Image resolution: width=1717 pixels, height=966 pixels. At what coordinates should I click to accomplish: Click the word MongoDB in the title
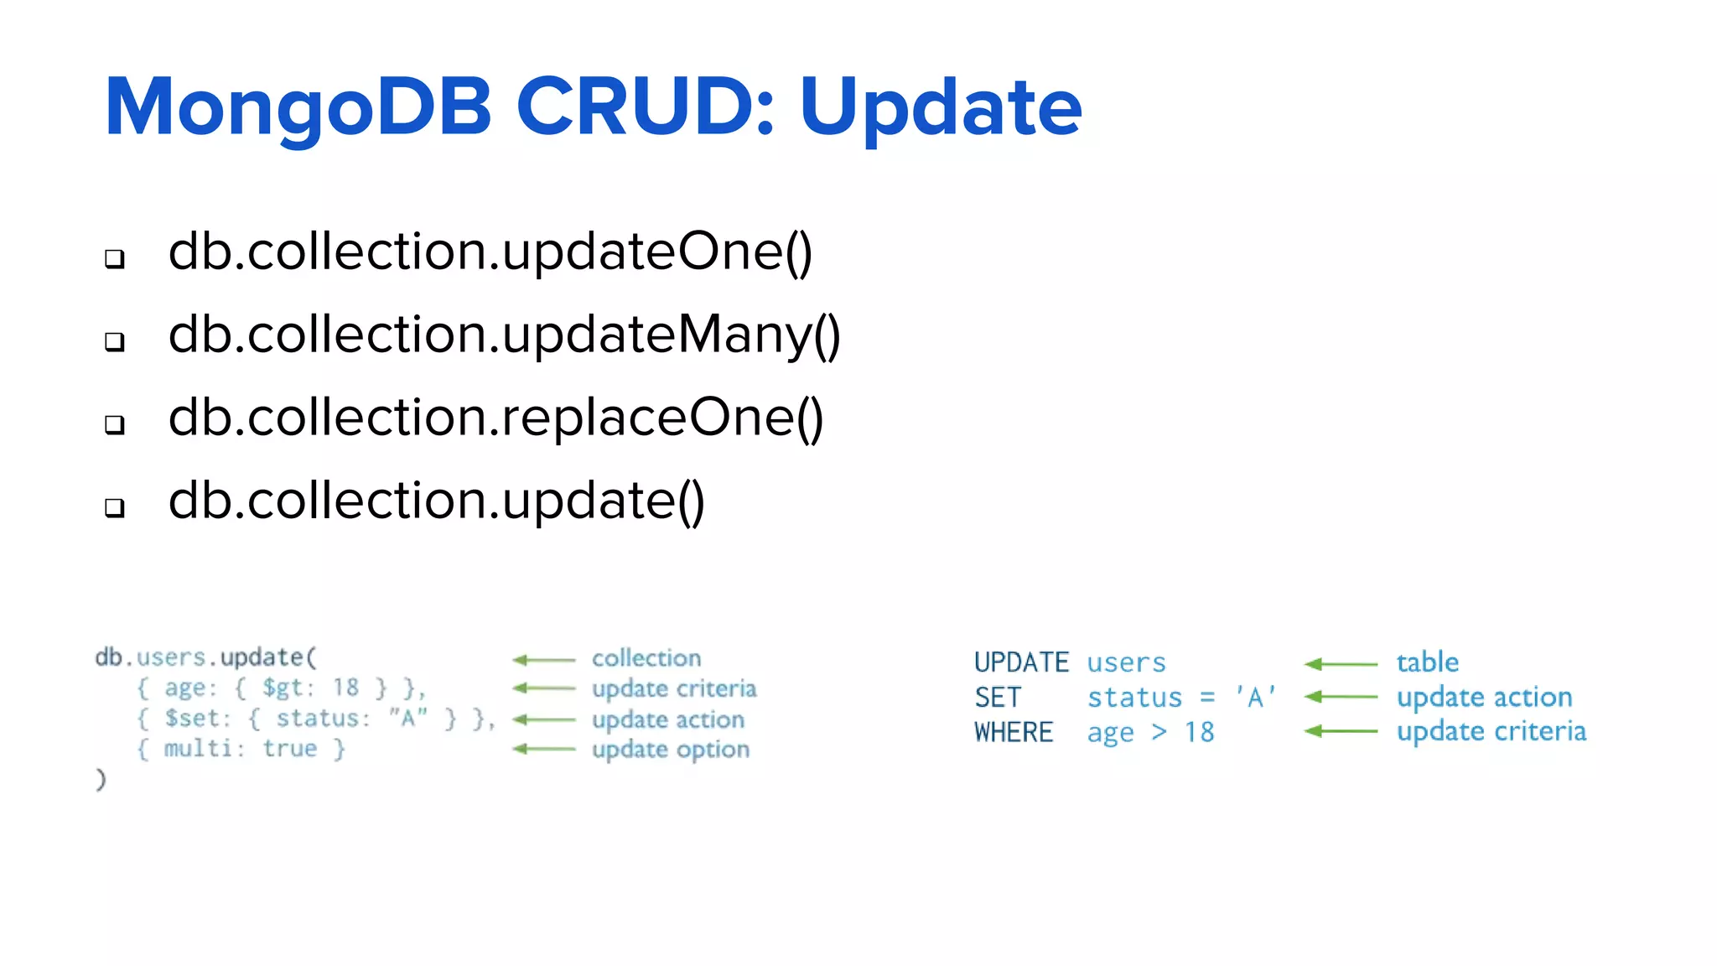pyautogui.click(x=298, y=107)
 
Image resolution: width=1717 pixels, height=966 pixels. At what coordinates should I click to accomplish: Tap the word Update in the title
pyautogui.click(x=940, y=107)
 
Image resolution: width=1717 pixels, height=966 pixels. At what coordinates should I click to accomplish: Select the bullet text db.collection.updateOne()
pyautogui.click(x=490, y=252)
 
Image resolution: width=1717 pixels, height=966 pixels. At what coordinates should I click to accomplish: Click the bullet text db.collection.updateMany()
pyautogui.click(x=504, y=335)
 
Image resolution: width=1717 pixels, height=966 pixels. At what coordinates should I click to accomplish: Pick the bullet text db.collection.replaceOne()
pyautogui.click(x=495, y=418)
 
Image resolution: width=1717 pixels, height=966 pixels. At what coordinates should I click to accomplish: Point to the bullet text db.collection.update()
pyautogui.click(x=436, y=501)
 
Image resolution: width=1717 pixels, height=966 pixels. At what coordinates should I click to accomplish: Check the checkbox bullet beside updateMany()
pyautogui.click(x=115, y=341)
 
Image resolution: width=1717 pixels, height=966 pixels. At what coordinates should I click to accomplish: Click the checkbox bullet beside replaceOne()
pyautogui.click(x=115, y=424)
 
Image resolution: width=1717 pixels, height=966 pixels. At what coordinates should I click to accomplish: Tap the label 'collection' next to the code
pyautogui.click(x=646, y=658)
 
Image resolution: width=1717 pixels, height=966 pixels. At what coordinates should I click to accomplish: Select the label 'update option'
pyautogui.click(x=670, y=750)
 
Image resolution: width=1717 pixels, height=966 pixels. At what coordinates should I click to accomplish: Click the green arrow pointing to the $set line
pyautogui.click(x=543, y=719)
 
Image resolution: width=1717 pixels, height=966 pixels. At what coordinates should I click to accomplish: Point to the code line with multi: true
pyautogui.click(x=241, y=749)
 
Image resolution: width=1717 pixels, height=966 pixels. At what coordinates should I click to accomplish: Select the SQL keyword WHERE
pyautogui.click(x=1013, y=733)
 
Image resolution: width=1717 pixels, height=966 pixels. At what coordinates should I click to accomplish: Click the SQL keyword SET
pyautogui.click(x=997, y=698)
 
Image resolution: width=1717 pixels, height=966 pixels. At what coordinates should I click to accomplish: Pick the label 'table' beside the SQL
pyautogui.click(x=1427, y=662)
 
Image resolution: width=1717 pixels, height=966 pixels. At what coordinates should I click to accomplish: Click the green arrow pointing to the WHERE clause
pyautogui.click(x=1340, y=731)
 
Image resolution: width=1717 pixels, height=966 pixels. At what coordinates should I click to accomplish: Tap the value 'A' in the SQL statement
pyautogui.click(x=1255, y=697)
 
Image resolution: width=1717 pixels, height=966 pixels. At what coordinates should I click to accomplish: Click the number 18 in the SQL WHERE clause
pyautogui.click(x=1199, y=733)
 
